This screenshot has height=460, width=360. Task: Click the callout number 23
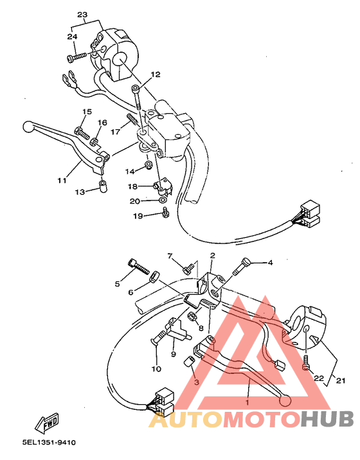click(x=82, y=15)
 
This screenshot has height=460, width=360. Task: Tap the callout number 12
click(x=155, y=75)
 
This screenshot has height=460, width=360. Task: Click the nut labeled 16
click(x=94, y=141)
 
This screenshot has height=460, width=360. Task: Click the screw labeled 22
click(x=306, y=365)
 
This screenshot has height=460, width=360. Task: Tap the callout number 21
click(x=340, y=381)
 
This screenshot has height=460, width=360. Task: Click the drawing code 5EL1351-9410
click(x=48, y=443)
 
